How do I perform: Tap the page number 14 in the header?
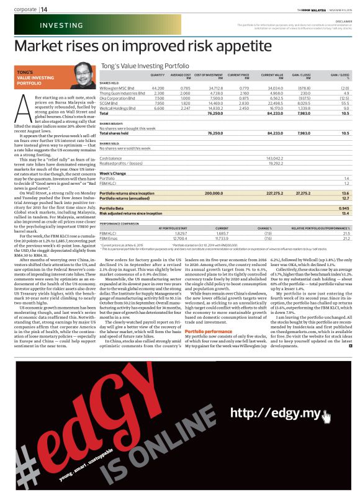[45, 10]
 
